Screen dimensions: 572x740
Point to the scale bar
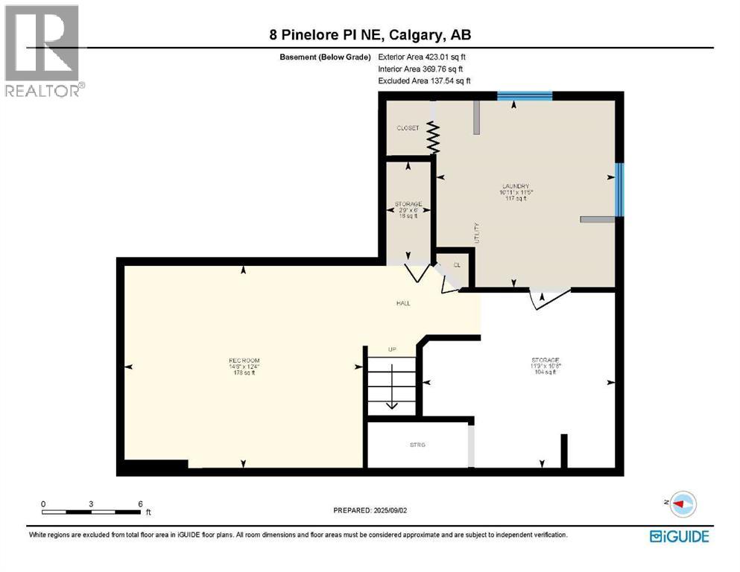point(91,511)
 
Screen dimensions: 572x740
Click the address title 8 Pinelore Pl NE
point(370,35)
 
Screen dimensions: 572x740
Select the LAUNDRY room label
point(515,186)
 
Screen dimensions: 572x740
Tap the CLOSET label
point(408,128)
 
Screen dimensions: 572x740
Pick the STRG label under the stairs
point(417,445)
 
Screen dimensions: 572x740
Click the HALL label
point(403,303)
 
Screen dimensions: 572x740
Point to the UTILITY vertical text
point(477,233)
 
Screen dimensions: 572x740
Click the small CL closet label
point(457,265)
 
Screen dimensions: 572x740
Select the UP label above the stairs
point(391,349)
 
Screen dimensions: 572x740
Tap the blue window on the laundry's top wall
point(525,95)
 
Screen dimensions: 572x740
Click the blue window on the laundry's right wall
point(619,189)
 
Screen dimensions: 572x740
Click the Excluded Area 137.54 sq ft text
point(425,80)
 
